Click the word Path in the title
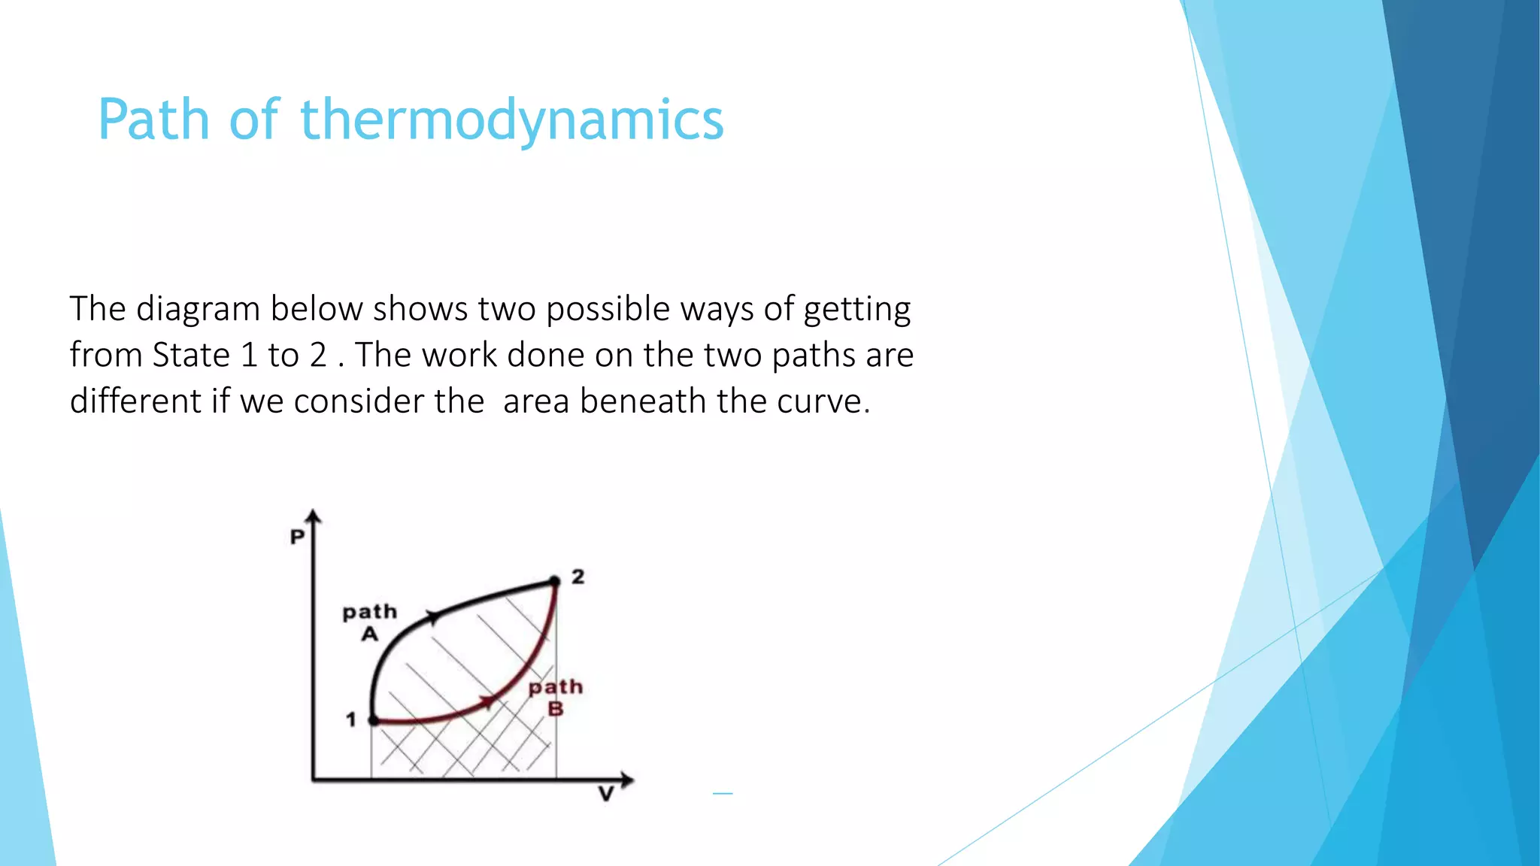153,120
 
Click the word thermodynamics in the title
512,120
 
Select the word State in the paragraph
191,355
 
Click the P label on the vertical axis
298,537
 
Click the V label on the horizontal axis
606,794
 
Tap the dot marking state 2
555,581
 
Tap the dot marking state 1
373,720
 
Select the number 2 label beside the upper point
577,577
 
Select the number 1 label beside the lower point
350,719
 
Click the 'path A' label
369,622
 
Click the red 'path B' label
555,697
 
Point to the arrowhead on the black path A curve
433,617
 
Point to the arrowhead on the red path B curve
489,701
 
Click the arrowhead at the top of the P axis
314,516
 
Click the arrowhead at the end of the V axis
626,780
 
